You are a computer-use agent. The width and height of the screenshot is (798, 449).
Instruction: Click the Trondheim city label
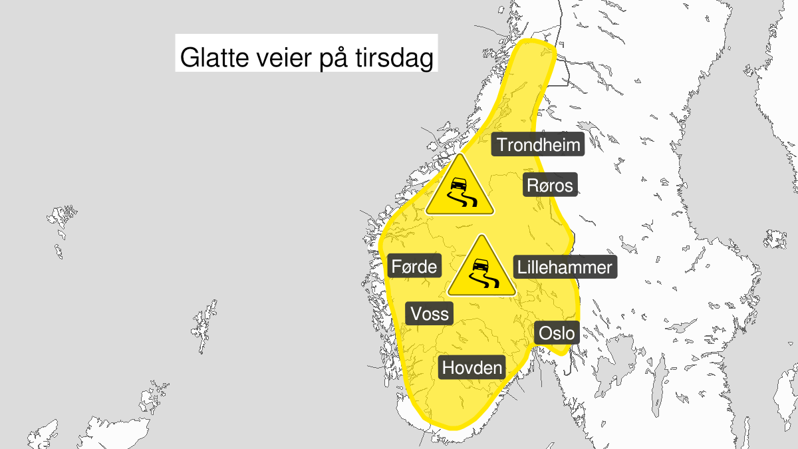538,144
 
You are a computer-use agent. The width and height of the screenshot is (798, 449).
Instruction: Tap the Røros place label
549,185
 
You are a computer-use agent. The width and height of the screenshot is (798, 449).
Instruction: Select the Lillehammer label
564,267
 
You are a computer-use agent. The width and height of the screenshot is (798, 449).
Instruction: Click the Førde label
414,267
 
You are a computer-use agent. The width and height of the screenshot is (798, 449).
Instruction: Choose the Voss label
430,313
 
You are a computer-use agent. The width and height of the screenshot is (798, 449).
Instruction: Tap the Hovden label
472,367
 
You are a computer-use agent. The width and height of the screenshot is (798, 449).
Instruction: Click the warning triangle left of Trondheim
460,189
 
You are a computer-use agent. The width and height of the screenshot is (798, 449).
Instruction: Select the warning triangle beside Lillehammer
482,269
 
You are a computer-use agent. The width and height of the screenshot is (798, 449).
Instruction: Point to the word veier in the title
276,59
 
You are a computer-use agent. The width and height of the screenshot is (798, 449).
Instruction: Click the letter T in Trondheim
501,144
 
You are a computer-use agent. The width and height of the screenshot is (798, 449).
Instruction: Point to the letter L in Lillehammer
522,267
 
